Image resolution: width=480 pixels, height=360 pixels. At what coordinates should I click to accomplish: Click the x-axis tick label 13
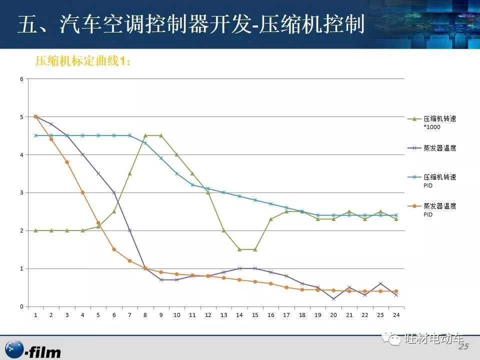click(x=223, y=315)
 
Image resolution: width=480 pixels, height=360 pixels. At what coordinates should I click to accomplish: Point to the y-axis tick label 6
click(x=21, y=79)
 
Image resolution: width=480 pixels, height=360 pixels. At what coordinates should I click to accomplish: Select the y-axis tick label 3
click(x=21, y=192)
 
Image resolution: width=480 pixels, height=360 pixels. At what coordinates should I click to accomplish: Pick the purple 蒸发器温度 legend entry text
click(x=439, y=148)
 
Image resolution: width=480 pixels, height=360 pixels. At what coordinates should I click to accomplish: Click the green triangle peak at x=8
click(x=145, y=135)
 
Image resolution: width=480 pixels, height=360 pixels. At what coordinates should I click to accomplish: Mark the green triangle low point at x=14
click(x=239, y=249)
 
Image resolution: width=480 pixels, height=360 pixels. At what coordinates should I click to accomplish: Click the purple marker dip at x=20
click(x=333, y=299)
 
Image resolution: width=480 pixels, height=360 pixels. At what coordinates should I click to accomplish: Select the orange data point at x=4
click(x=82, y=192)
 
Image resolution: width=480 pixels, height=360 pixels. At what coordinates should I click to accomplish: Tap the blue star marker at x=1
click(x=35, y=135)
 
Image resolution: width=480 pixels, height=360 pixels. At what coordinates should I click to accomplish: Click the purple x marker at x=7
click(x=129, y=230)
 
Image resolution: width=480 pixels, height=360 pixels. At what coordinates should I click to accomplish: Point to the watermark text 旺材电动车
click(x=433, y=339)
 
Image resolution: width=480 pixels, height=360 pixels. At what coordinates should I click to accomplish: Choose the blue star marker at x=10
click(x=176, y=173)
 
